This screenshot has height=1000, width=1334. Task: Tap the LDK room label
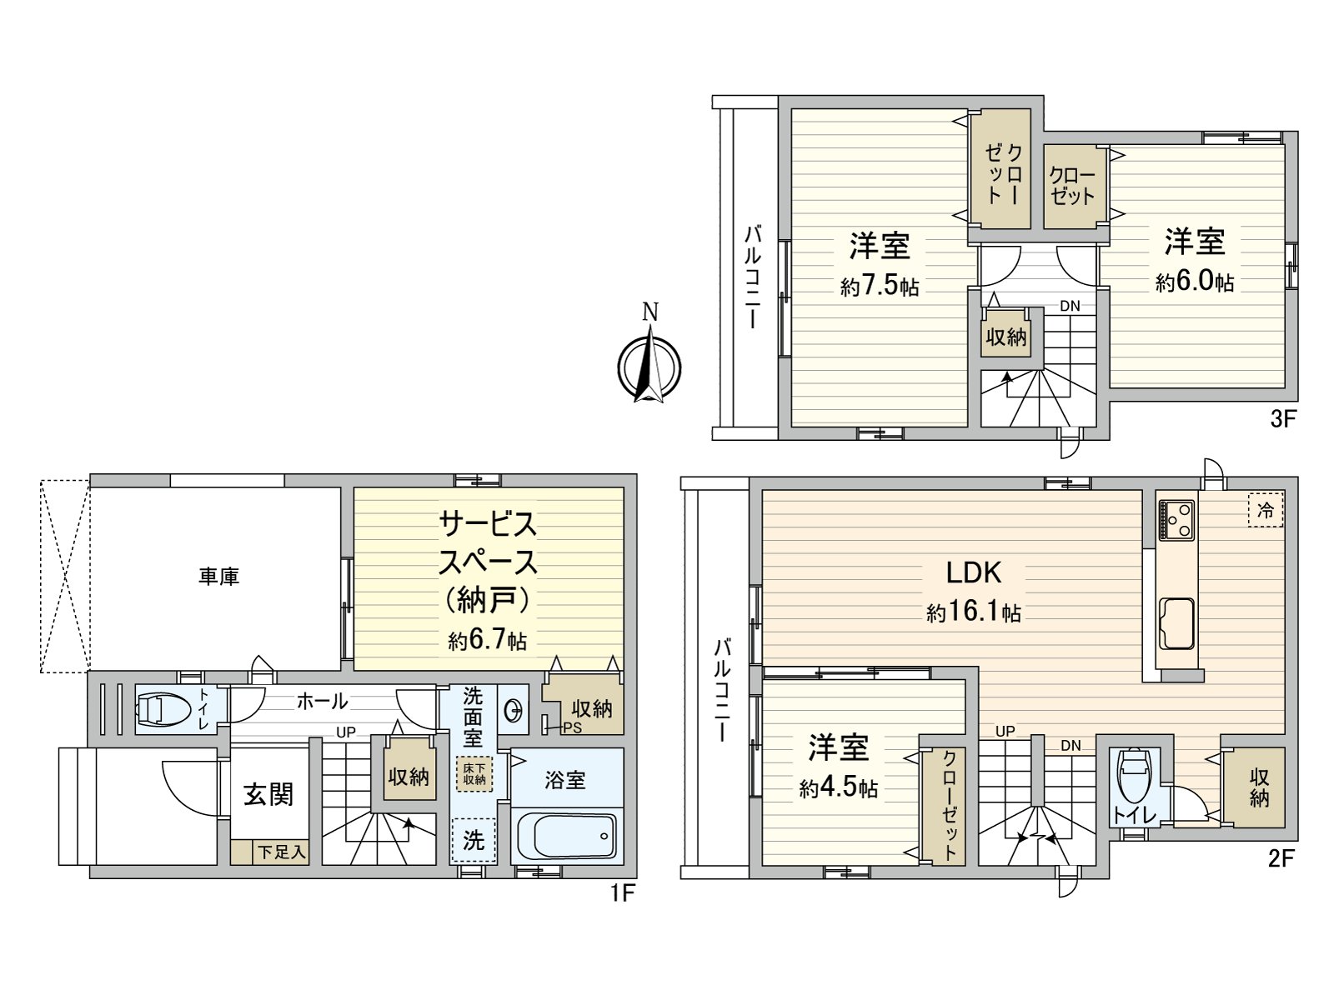click(x=973, y=572)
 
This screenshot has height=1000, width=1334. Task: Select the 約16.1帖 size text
click(x=973, y=612)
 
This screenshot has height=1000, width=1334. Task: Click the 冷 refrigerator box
click(x=1265, y=510)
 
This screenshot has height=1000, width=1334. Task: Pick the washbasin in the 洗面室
click(x=514, y=711)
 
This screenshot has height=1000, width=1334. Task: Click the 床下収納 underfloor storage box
click(x=474, y=774)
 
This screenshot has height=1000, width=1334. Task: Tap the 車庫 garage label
click(x=218, y=576)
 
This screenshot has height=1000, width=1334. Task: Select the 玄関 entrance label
click(x=268, y=794)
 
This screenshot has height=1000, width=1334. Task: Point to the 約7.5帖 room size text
click(x=880, y=286)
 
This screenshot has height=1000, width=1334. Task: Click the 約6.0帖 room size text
click(x=1194, y=282)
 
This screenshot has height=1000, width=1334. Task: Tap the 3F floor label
click(x=1284, y=418)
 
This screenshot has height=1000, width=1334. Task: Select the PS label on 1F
click(x=572, y=727)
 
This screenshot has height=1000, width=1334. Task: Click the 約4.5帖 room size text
click(x=838, y=787)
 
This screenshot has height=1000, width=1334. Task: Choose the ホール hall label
click(x=322, y=701)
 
